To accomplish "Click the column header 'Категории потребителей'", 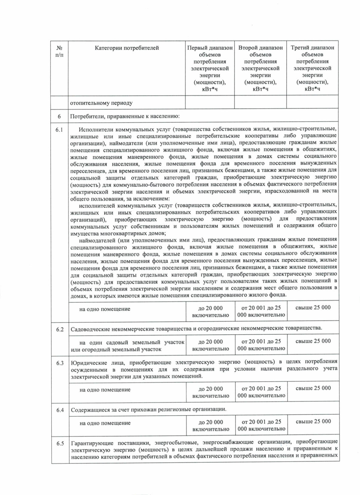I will click(x=127, y=48).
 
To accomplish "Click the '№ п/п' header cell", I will click(x=59, y=51).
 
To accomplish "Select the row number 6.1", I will click(x=59, y=130).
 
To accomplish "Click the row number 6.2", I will click(x=60, y=330).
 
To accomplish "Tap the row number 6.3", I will click(x=60, y=363).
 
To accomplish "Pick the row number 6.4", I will click(x=60, y=410).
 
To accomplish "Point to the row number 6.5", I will click(x=60, y=443).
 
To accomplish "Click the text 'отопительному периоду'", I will click(x=101, y=103).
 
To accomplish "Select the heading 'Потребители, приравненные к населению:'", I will click(x=125, y=116).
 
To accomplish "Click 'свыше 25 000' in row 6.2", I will click(x=313, y=341).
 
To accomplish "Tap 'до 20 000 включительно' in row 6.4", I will click(x=211, y=425).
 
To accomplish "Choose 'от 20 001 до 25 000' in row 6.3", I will click(x=261, y=392).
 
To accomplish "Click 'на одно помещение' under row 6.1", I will click(x=105, y=309).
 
